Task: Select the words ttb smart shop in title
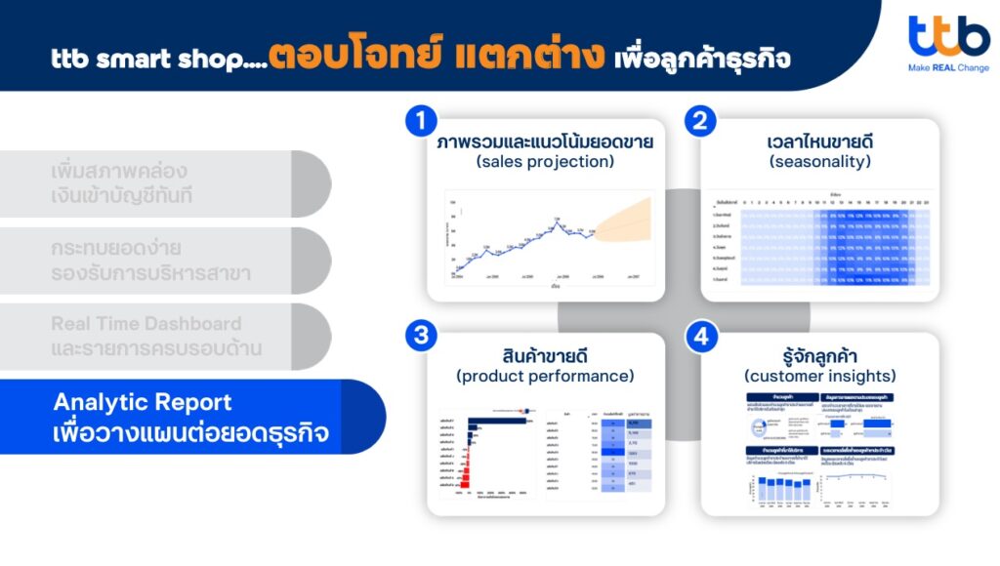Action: coord(147,59)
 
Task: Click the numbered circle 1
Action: coord(420,122)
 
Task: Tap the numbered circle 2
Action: coord(698,122)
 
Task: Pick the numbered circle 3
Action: coord(420,336)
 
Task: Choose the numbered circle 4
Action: coord(698,337)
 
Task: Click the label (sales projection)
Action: coord(545,162)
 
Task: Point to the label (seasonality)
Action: coord(819,162)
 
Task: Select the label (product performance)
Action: coord(545,376)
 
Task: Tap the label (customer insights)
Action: coord(819,376)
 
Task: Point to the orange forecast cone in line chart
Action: coord(625,221)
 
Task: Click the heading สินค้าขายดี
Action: coord(545,355)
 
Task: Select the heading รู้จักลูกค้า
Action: coord(819,355)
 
